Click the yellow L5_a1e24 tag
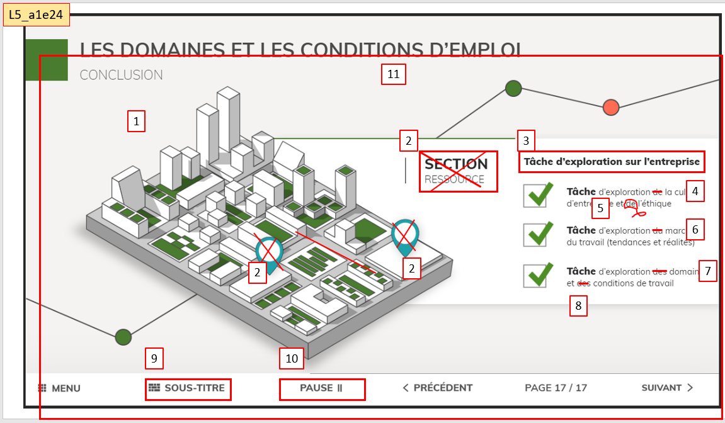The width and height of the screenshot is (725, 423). coord(37,15)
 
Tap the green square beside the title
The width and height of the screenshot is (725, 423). coord(46,60)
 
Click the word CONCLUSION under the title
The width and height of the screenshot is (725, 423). coord(121,76)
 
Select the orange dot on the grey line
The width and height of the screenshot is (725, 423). coord(610,108)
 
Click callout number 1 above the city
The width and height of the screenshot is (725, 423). coord(136,121)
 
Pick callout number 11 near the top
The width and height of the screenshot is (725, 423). coord(394,75)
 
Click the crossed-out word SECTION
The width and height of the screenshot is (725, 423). coord(456,164)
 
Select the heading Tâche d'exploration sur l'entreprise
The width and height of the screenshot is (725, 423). coord(612,162)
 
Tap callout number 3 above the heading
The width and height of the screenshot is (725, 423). coord(526,140)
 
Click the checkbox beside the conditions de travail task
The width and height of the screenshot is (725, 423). coord(535,276)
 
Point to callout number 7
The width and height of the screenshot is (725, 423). coord(707,271)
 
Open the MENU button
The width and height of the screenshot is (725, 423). coord(59,388)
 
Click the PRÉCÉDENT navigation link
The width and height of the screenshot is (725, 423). coord(437,388)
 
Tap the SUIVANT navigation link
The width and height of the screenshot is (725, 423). coord(667,388)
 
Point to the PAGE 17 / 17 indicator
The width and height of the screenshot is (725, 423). coord(556,388)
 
